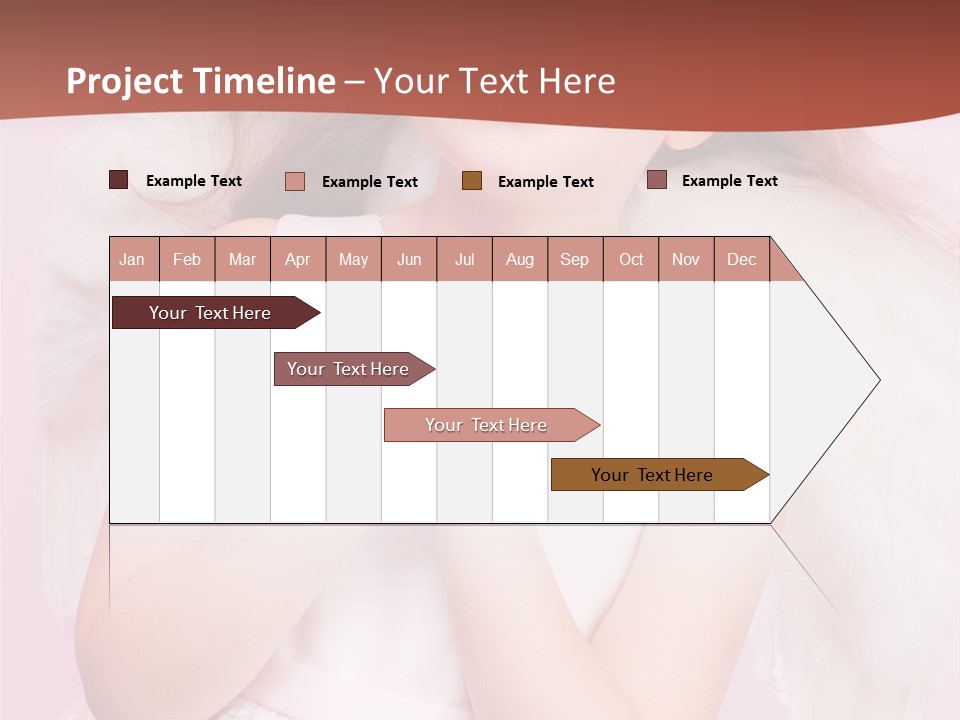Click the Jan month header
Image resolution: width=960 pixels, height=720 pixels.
click(x=132, y=259)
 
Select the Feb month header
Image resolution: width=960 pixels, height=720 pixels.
click(x=187, y=259)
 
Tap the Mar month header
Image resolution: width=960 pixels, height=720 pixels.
click(x=242, y=259)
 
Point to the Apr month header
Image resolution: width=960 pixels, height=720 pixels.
click(x=297, y=259)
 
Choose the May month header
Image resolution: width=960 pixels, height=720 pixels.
click(x=353, y=259)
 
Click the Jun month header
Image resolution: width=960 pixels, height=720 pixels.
click(x=409, y=259)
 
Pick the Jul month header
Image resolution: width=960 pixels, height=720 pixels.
click(x=464, y=259)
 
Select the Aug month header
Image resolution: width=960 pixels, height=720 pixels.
click(x=519, y=259)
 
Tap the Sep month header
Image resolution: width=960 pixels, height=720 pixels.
click(x=574, y=259)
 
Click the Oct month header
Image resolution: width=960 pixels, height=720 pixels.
click(x=631, y=259)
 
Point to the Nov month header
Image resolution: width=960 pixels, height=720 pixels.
click(x=685, y=259)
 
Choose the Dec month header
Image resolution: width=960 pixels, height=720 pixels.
click(x=741, y=259)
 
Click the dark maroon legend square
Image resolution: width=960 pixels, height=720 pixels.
click(x=118, y=180)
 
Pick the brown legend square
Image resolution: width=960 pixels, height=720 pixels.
click(x=472, y=180)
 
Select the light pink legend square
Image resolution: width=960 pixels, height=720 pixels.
click(x=294, y=181)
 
